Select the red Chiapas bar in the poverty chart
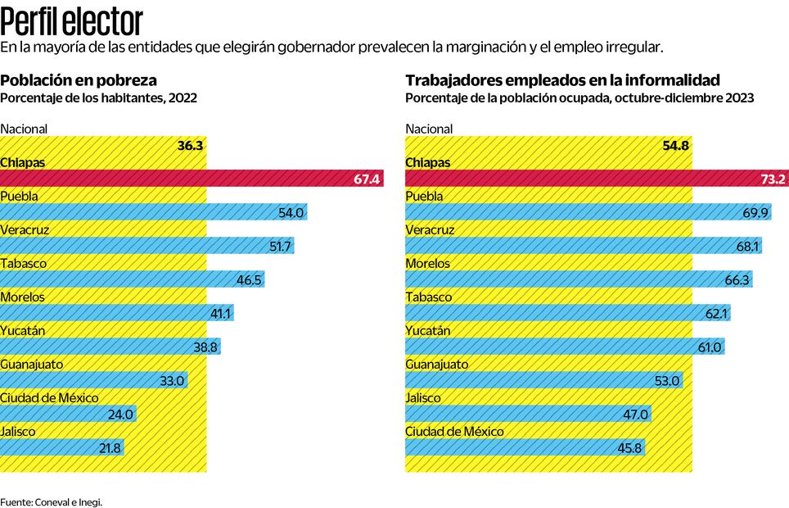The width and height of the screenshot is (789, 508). pyautogui.click(x=192, y=179)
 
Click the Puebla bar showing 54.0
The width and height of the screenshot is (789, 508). pyautogui.click(x=154, y=212)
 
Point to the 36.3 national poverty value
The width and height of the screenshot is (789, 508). pyautogui.click(x=190, y=145)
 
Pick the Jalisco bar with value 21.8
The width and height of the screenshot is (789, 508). pyautogui.click(x=63, y=447)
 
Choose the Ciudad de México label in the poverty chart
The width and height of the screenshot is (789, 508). pyautogui.click(x=50, y=397)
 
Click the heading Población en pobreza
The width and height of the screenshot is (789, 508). pyautogui.click(x=79, y=79)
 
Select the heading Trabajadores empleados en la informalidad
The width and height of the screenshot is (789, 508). pyautogui.click(x=562, y=79)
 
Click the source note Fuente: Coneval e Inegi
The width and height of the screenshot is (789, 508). pyautogui.click(x=52, y=501)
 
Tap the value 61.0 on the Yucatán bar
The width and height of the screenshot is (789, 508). pyautogui.click(x=710, y=347)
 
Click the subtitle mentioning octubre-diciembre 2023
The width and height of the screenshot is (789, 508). pyautogui.click(x=579, y=97)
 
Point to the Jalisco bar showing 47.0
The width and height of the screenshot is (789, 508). pyautogui.click(x=529, y=414)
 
